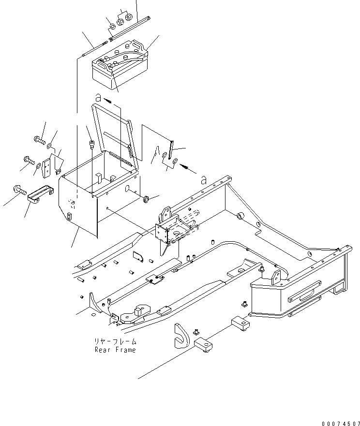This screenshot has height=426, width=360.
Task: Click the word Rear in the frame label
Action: (103, 350)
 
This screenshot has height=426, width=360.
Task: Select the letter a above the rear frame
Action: (204, 180)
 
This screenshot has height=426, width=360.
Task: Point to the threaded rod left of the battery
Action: (94, 49)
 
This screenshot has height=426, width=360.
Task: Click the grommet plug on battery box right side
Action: (145, 199)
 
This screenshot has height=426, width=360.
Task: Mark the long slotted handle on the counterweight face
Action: (304, 292)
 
